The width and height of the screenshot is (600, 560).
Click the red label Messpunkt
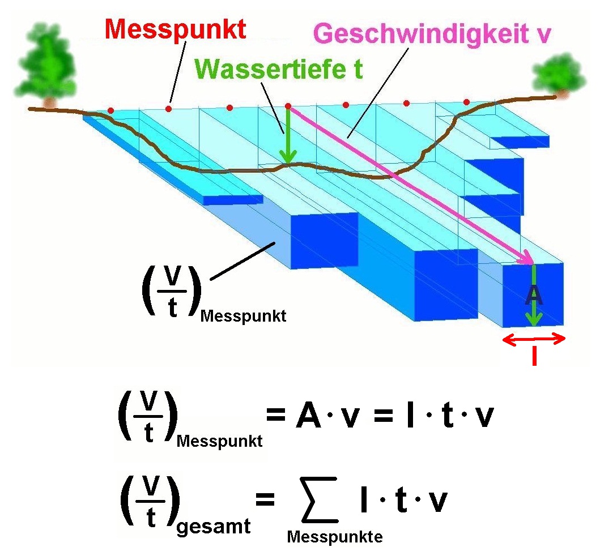tap(175, 30)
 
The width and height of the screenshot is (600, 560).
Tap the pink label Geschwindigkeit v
tap(432, 34)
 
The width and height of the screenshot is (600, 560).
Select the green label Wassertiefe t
tap(279, 69)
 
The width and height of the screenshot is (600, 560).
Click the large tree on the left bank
tap(46, 65)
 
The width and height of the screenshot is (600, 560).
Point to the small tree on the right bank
tap(559, 76)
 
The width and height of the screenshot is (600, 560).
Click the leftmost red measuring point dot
tap(110, 110)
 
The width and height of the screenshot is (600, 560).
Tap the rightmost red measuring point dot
tap(466, 102)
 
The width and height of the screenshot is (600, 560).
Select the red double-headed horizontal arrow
tap(534, 339)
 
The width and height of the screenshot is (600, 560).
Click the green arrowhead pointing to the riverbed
tap(288, 156)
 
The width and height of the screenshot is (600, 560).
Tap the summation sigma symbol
tap(320, 499)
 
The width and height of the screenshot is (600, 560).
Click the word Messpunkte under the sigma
tap(335, 537)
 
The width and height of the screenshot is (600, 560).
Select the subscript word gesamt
tap(214, 527)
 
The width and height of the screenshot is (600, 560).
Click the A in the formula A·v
tap(308, 416)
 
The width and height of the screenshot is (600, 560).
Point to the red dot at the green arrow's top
tap(288, 106)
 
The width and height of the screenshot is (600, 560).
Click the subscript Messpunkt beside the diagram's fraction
tap(244, 316)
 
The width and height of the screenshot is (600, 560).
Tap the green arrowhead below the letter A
tap(534, 318)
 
